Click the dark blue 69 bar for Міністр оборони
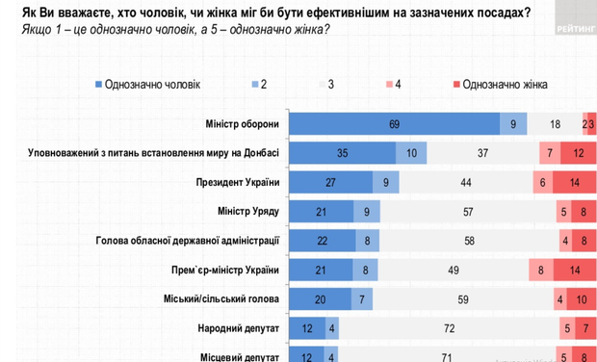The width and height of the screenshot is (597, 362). (395, 124)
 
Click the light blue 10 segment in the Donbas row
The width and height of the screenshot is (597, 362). (411, 153)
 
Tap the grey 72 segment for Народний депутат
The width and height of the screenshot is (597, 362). (449, 329)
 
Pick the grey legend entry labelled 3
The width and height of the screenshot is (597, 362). (324, 85)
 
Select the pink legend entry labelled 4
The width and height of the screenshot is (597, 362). (390, 85)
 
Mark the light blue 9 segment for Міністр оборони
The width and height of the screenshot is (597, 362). (513, 124)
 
